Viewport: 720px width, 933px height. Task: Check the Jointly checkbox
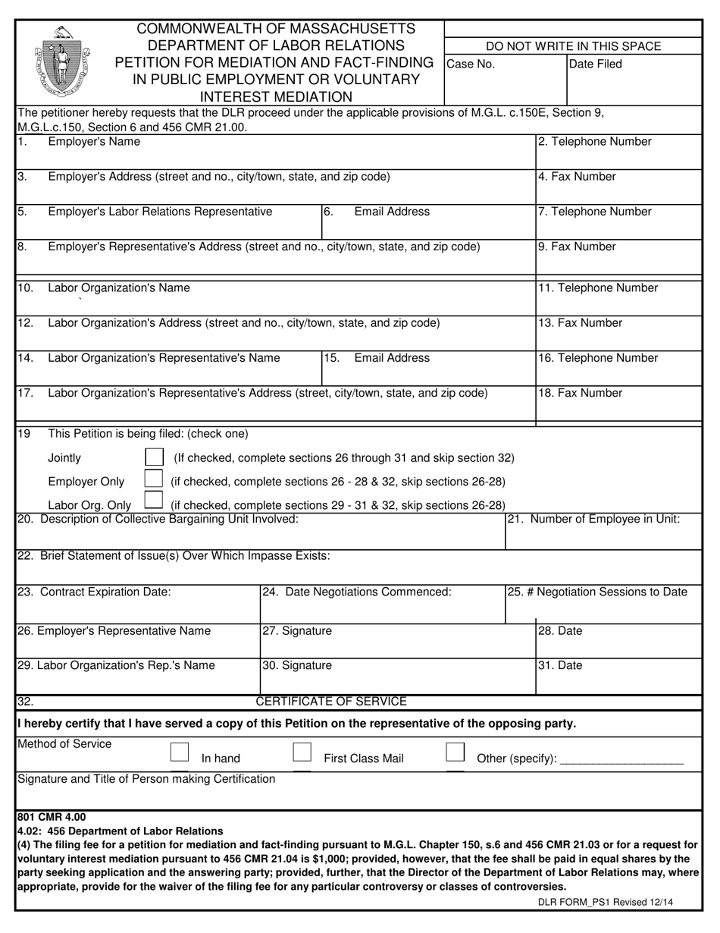click(x=154, y=457)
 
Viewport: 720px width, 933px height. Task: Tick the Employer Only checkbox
click(x=154, y=480)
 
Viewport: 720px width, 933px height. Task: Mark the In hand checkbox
click(x=180, y=752)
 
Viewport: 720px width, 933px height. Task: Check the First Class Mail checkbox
click(x=302, y=752)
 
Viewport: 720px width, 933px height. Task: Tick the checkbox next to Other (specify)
click(x=455, y=752)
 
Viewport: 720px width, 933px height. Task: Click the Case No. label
click(x=471, y=64)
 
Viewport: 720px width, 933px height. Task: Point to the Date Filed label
click(x=595, y=64)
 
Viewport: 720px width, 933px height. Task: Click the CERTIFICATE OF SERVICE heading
click(x=331, y=702)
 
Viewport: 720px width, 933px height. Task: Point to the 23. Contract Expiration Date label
click(x=94, y=592)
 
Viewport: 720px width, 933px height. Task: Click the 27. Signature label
click(x=297, y=631)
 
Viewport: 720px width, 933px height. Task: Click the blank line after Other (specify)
click(x=621, y=759)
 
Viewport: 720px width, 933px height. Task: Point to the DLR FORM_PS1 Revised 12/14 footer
click(x=605, y=903)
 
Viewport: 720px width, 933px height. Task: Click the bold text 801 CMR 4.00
click(x=52, y=818)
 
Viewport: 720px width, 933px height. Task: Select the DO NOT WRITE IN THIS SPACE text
click(x=573, y=46)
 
